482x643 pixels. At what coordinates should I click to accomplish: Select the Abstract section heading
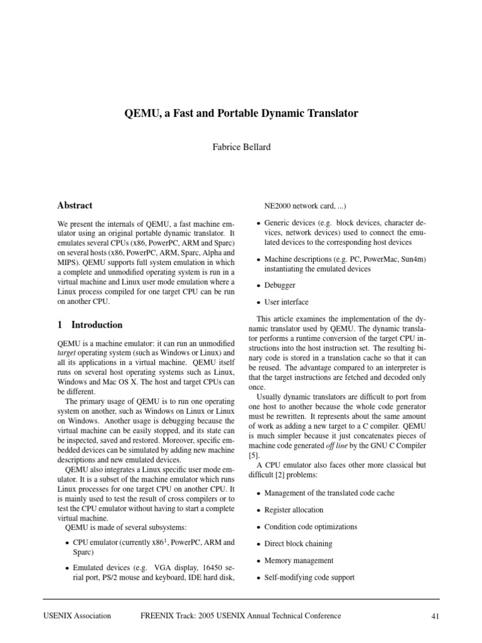tap(75, 205)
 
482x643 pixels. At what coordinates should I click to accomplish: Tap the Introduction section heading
tap(97, 325)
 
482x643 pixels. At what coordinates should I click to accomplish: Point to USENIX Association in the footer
tap(78, 616)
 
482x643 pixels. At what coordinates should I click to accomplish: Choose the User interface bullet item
tap(286, 302)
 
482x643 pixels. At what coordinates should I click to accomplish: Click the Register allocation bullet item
tap(294, 510)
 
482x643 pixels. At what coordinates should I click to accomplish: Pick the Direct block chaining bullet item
tap(298, 544)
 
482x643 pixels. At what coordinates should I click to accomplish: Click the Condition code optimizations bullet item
tap(311, 527)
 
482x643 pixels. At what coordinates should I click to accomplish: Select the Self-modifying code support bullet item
tap(309, 578)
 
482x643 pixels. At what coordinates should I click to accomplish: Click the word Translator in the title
tap(328, 114)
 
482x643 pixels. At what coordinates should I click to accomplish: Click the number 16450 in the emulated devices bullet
tap(204, 567)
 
